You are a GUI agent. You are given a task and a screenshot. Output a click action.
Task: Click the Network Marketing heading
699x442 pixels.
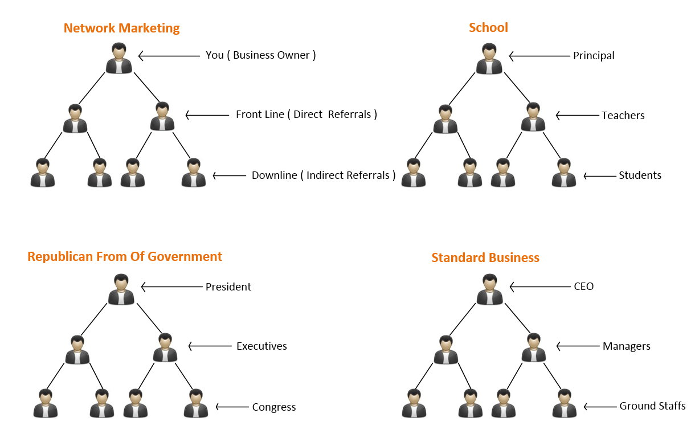click(121, 28)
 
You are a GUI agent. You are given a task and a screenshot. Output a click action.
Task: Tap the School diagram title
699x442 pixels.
click(488, 27)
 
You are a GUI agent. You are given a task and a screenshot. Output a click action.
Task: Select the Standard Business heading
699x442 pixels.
click(485, 257)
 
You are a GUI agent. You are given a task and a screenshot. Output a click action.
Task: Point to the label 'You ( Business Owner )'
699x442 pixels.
click(260, 55)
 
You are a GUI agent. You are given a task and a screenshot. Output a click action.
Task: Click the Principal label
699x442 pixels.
click(594, 56)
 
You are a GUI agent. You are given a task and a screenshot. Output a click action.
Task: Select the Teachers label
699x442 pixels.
click(623, 116)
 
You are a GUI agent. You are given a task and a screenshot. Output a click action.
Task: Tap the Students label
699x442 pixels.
click(640, 175)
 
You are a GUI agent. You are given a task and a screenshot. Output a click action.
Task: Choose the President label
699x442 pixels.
click(228, 287)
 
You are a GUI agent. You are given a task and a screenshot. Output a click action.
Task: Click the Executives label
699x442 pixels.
click(261, 346)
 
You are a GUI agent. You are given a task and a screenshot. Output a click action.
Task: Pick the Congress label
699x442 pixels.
click(274, 407)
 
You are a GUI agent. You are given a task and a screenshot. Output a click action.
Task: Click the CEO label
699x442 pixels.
click(583, 287)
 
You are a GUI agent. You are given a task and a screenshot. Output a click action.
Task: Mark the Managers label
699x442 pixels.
click(626, 346)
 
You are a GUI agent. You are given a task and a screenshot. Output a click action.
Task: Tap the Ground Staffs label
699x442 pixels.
click(652, 407)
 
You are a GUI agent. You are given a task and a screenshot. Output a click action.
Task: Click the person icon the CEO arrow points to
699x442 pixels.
click(489, 289)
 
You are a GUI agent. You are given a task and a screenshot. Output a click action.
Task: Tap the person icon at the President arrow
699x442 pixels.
click(121, 289)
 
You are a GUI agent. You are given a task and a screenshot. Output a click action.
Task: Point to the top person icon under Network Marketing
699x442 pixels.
click(118, 58)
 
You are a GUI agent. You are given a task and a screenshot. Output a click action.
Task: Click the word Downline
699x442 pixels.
click(274, 175)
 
